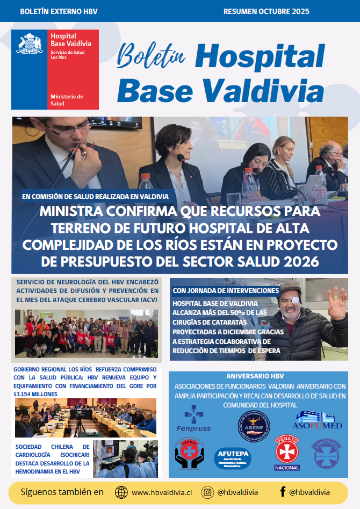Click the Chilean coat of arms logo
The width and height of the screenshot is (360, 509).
coord(30,44)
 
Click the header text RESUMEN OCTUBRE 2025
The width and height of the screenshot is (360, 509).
coord(266,11)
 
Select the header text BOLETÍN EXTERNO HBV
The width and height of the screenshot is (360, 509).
coord(59,11)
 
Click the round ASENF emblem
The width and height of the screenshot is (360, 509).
coord(254,426)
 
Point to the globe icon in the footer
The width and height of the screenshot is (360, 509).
coord(122,492)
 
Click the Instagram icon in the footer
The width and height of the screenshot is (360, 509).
coord(207,492)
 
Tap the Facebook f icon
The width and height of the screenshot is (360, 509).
coord(282,492)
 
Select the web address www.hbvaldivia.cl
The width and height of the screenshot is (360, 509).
coord(162,492)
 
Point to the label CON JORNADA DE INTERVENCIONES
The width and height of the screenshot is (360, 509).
coord(226,291)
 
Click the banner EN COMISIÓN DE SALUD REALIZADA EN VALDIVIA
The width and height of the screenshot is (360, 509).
coord(95,196)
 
